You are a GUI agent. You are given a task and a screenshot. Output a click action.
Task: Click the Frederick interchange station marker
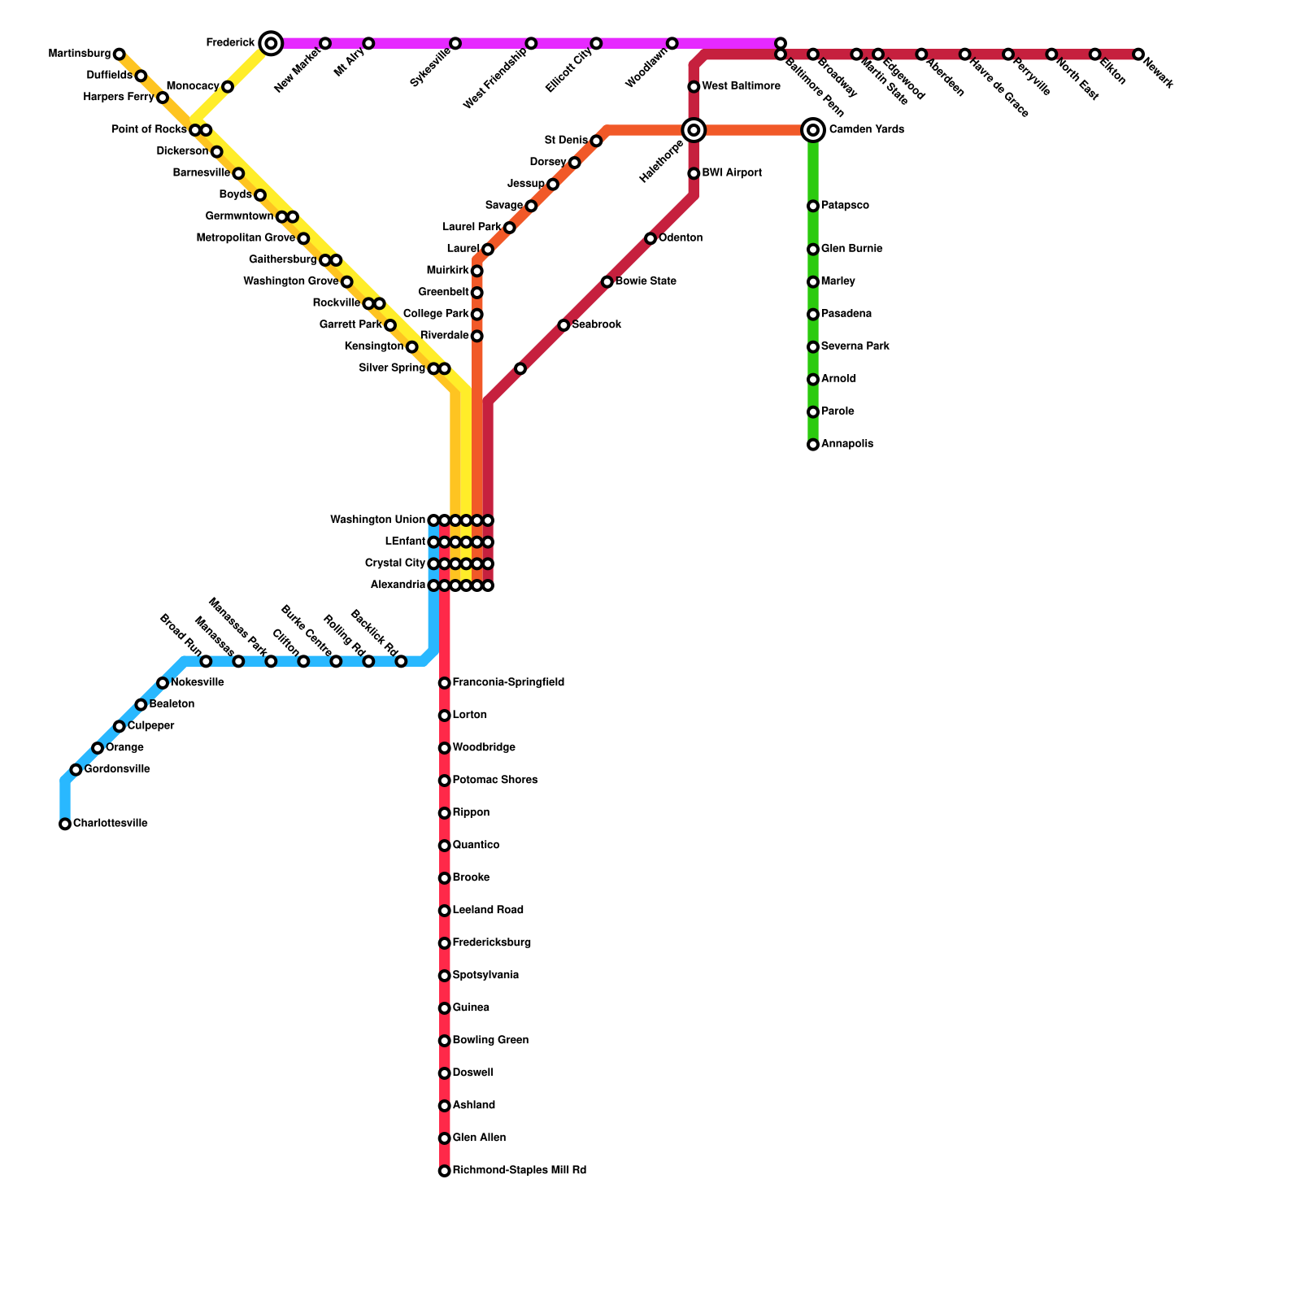coord(272,43)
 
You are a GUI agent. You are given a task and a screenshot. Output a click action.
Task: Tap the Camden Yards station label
coord(866,130)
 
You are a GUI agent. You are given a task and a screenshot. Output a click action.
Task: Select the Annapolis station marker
coord(813,445)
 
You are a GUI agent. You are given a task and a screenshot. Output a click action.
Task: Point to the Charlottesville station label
coord(111,824)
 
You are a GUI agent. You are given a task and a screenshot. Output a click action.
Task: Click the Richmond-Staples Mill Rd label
coord(519,1171)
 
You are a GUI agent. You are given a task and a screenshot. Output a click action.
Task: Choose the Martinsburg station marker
coord(120,54)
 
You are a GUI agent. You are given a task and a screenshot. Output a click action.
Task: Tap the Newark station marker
coord(1138,54)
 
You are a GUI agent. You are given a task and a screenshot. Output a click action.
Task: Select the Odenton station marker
coord(650,238)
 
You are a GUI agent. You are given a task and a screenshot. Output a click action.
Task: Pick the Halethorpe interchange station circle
coord(694,130)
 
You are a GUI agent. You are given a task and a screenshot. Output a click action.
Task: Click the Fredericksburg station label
coord(491,943)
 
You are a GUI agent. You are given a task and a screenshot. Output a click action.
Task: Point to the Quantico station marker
coord(444,846)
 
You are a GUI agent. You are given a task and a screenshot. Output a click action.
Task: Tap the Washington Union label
coord(377,520)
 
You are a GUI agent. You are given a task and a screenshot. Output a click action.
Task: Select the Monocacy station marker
coord(228,87)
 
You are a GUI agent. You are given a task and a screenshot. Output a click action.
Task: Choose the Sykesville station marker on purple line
coord(455,43)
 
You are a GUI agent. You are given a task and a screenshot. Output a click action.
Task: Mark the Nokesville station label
coord(197,682)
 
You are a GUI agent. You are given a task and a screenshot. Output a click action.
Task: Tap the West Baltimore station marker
coord(694,87)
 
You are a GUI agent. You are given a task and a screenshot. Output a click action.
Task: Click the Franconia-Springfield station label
coord(508,683)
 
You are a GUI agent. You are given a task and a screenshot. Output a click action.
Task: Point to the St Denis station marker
coord(596,141)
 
